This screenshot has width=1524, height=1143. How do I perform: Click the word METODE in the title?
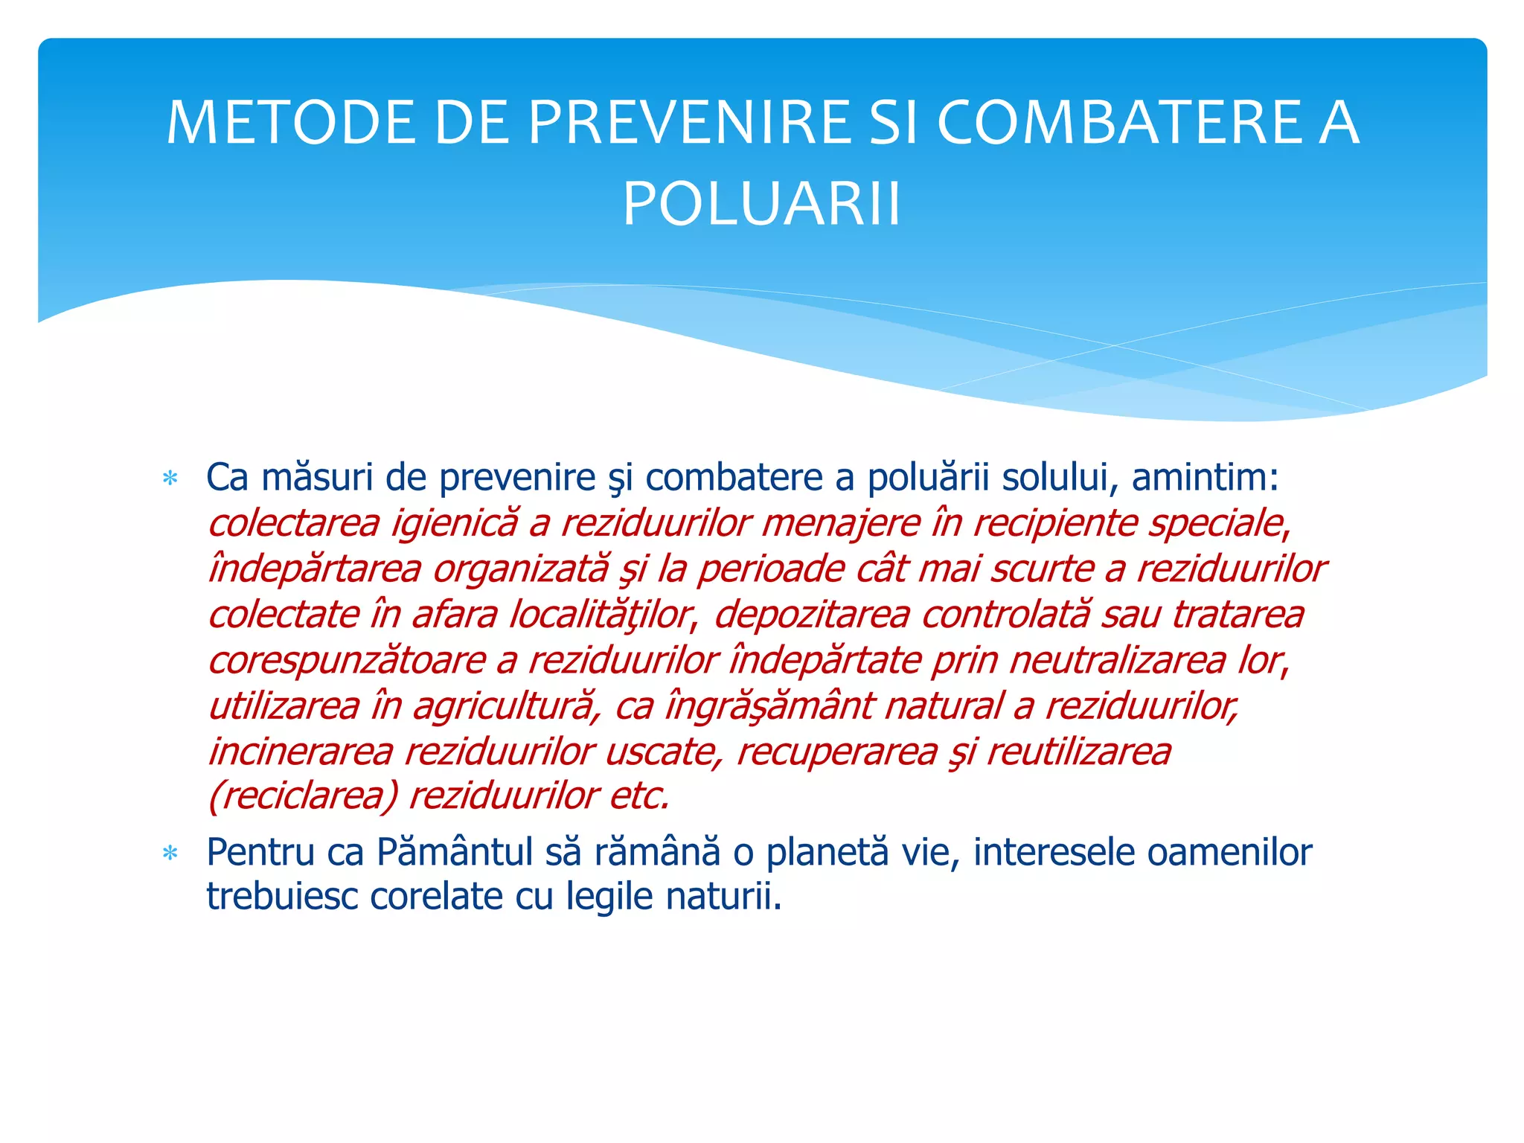(290, 123)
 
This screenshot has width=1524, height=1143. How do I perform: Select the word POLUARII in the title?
(762, 204)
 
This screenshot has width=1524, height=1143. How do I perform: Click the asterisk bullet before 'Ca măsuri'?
(170, 478)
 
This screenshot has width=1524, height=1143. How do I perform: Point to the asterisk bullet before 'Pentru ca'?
(170, 854)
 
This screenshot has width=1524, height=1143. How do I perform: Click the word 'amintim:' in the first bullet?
(1205, 478)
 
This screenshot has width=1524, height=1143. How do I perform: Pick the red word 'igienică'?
(454, 523)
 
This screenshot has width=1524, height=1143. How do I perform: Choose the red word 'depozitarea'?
(812, 615)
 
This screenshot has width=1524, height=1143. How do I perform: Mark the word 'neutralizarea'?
(1117, 660)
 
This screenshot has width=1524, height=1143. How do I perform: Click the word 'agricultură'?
(505, 706)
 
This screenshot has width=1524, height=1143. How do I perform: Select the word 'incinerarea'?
(301, 752)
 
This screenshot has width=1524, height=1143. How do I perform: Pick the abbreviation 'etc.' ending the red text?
(640, 796)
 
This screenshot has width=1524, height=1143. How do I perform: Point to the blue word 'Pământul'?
(455, 853)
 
